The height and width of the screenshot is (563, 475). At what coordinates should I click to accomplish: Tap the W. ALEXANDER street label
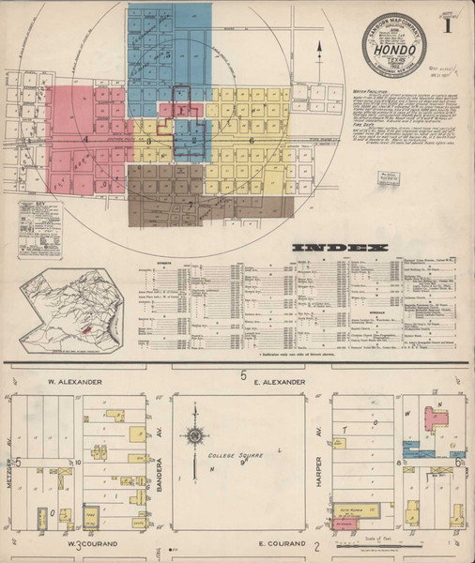[70, 383]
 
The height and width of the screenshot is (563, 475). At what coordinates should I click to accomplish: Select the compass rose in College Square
[194, 435]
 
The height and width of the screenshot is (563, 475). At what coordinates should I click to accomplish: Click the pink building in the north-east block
[435, 418]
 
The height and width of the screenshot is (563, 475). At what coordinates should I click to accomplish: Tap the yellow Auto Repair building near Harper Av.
[357, 510]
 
